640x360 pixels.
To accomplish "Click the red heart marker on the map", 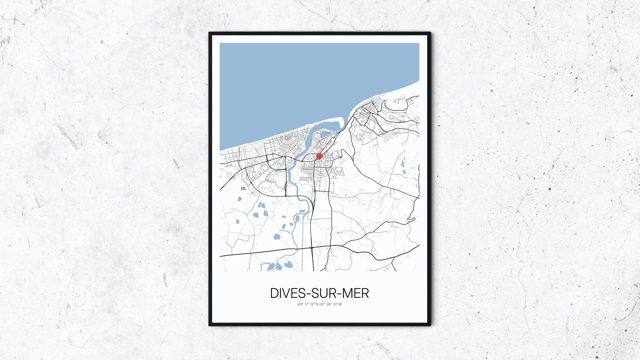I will (319, 156).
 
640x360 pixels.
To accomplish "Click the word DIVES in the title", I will (286, 293).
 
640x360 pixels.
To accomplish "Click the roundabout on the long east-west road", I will (311, 248).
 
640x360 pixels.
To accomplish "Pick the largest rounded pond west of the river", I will (277, 237).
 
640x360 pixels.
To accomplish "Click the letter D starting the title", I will (274, 293).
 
